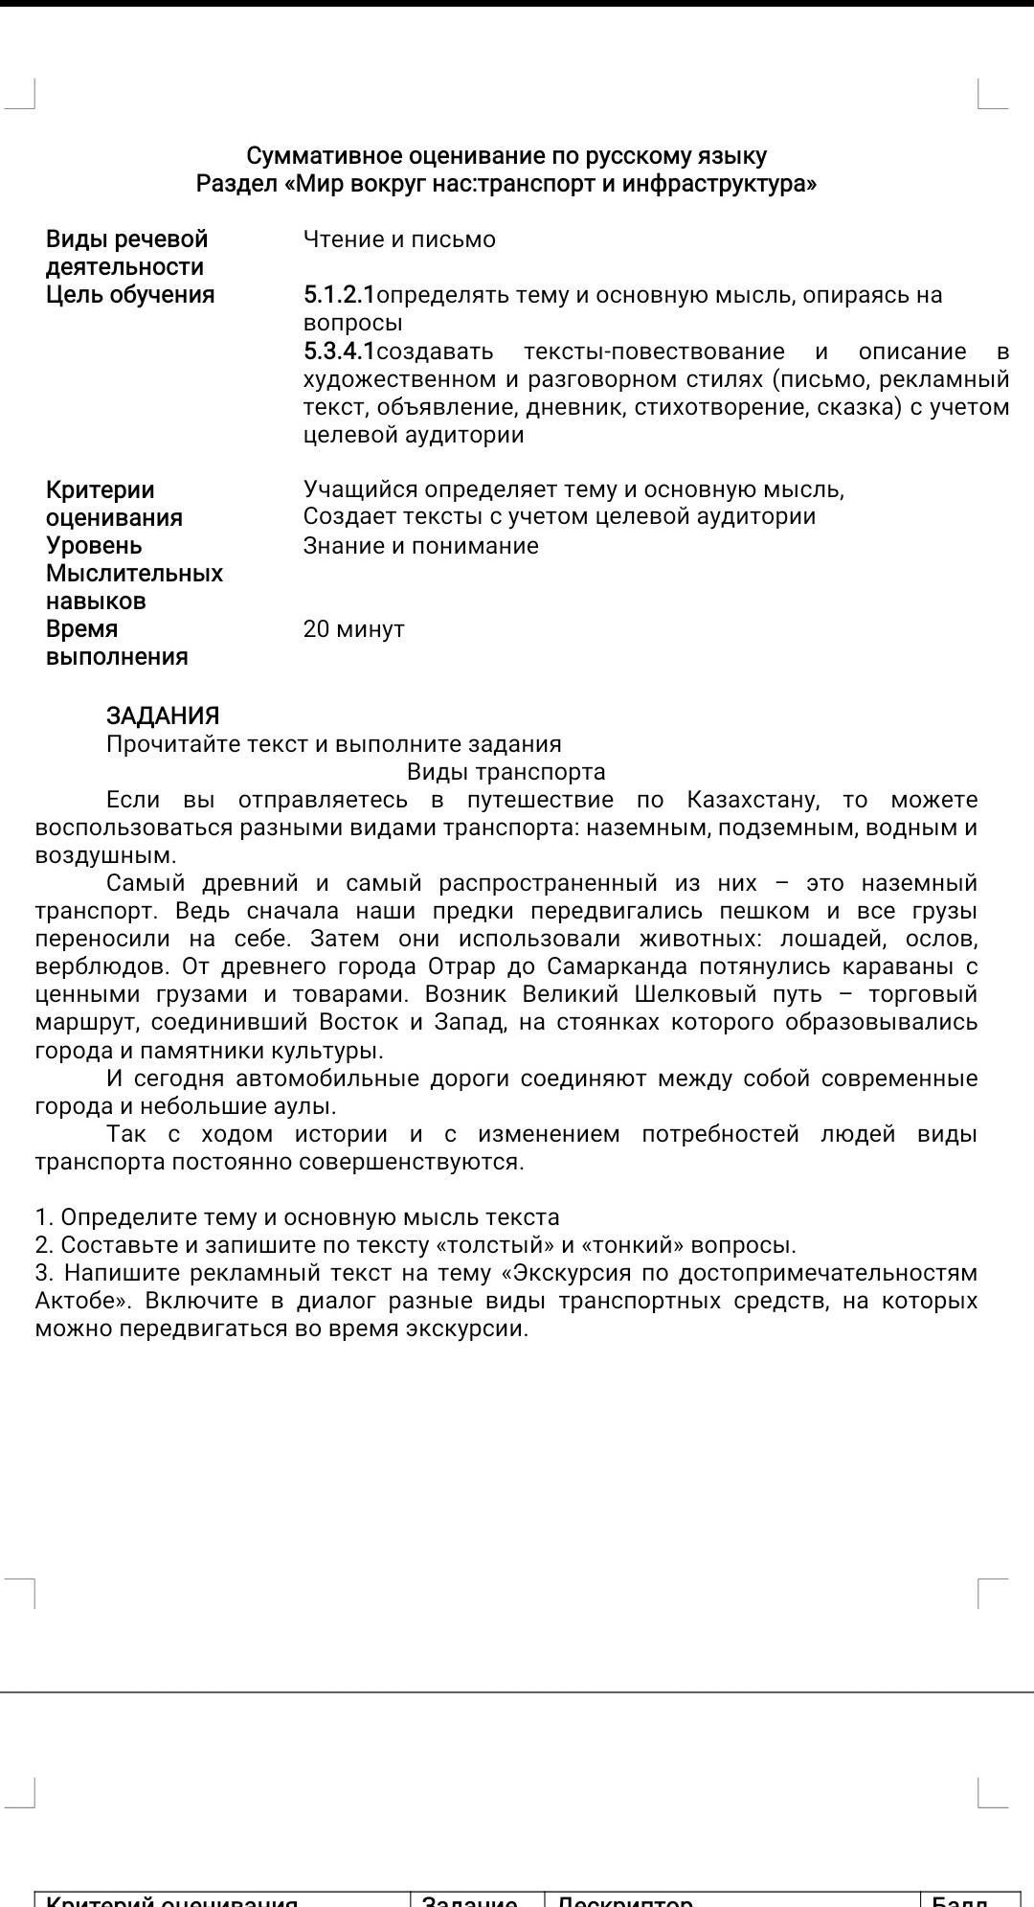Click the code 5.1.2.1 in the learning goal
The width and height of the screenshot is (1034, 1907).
pyautogui.click(x=339, y=295)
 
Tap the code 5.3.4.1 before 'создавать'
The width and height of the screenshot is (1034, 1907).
pyautogui.click(x=339, y=352)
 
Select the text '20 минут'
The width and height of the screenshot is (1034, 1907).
pyautogui.click(x=353, y=629)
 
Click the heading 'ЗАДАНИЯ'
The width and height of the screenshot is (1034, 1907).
pyautogui.click(x=163, y=715)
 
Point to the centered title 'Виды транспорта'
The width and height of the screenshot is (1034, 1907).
pyautogui.click(x=506, y=772)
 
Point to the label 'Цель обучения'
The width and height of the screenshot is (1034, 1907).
pyautogui.click(x=130, y=295)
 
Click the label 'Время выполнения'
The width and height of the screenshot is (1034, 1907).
pyautogui.click(x=117, y=643)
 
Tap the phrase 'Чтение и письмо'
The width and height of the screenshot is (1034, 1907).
pyautogui.click(x=399, y=239)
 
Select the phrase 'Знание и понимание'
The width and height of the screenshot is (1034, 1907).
pyautogui.click(x=420, y=546)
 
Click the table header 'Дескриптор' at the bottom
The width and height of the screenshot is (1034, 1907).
pyautogui.click(x=624, y=1900)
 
